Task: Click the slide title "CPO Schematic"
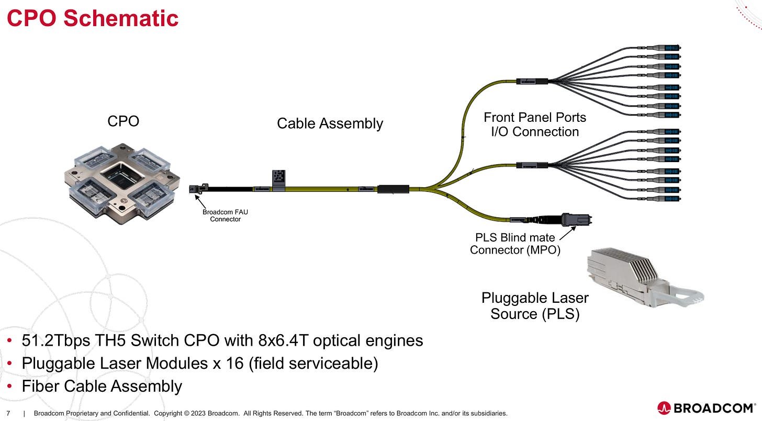pyautogui.click(x=93, y=18)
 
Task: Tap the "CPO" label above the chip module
pyautogui.click(x=123, y=121)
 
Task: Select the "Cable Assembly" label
pyautogui.click(x=330, y=123)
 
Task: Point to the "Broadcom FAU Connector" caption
pyautogui.click(x=225, y=215)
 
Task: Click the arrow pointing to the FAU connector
pyautogui.click(x=200, y=202)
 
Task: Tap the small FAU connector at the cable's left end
pyautogui.click(x=198, y=189)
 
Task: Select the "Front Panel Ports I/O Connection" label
pyautogui.click(x=535, y=124)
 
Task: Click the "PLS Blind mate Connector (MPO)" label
pyautogui.click(x=515, y=244)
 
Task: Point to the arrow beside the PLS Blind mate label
pyautogui.click(x=567, y=233)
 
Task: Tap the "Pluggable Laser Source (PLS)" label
pyautogui.click(x=535, y=306)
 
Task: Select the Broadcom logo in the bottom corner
pyautogui.click(x=706, y=408)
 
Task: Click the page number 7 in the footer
pyautogui.click(x=8, y=413)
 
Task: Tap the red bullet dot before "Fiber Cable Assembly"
pyautogui.click(x=9, y=386)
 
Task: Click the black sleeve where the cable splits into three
pyautogui.click(x=393, y=189)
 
